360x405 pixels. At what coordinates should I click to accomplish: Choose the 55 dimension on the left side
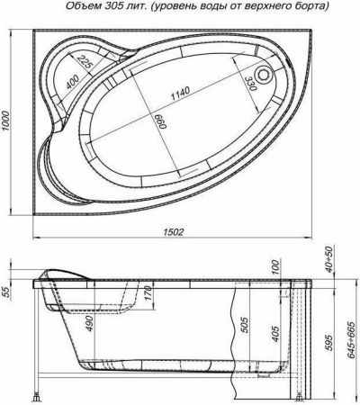pos(8,290)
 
